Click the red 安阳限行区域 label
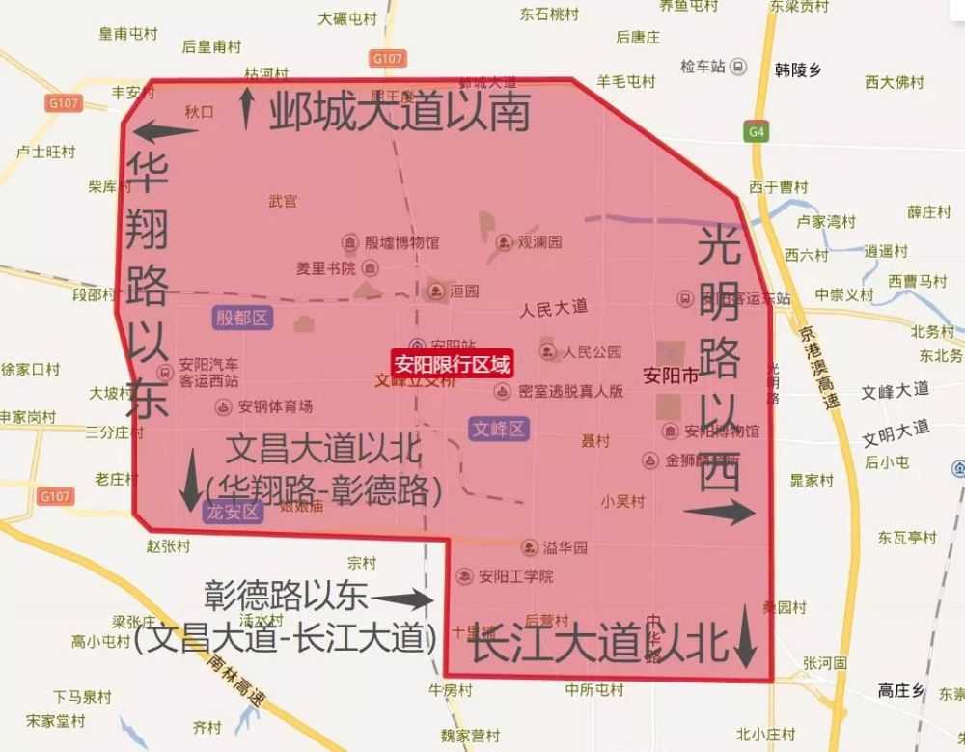452,364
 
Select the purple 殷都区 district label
241,318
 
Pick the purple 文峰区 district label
499,429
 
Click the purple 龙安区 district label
233,512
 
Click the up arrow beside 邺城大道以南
247,106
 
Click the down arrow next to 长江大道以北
744,635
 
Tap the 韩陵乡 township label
797,70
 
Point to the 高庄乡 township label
901,689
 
